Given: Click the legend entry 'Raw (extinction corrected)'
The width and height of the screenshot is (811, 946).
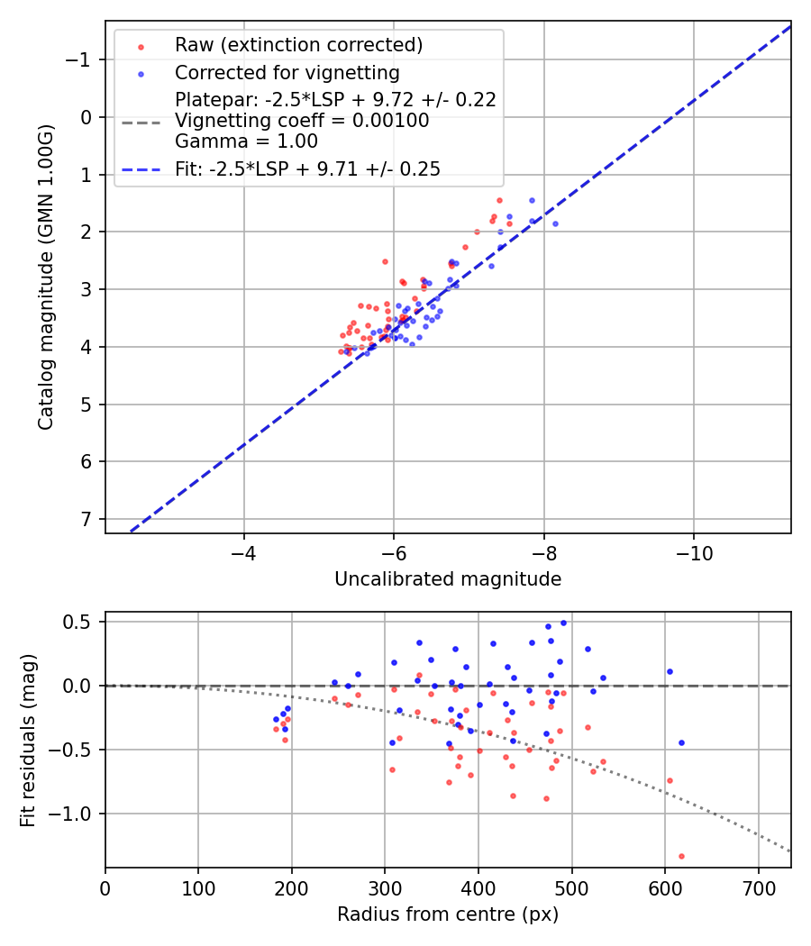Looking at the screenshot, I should pyautogui.click(x=298, y=45).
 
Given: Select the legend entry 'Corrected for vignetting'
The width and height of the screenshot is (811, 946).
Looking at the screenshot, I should pyautogui.click(x=287, y=72).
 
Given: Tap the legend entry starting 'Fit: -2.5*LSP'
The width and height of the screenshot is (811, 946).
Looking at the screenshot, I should pyautogui.click(x=307, y=169).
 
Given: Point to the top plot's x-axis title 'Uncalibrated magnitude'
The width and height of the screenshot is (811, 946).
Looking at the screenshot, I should pyautogui.click(x=448, y=579).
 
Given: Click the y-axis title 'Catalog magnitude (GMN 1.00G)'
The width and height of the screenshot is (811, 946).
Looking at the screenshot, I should pyautogui.click(x=46, y=277).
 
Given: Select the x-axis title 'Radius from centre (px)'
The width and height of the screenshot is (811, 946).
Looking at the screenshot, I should pyautogui.click(x=448, y=914).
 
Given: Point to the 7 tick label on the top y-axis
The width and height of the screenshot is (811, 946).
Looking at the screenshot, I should pyautogui.click(x=87, y=519).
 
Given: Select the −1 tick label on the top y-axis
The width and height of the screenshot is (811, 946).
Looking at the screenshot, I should pyautogui.click(x=82, y=59).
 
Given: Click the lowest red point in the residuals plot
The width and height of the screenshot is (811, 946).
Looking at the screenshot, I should pyautogui.click(x=681, y=856).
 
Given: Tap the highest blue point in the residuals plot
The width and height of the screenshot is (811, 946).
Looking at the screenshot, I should pyautogui.click(x=563, y=623).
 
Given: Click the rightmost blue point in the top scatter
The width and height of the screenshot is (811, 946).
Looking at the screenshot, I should pyautogui.click(x=555, y=223).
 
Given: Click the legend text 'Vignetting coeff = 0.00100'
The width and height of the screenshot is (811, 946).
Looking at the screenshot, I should pyautogui.click(x=302, y=121).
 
